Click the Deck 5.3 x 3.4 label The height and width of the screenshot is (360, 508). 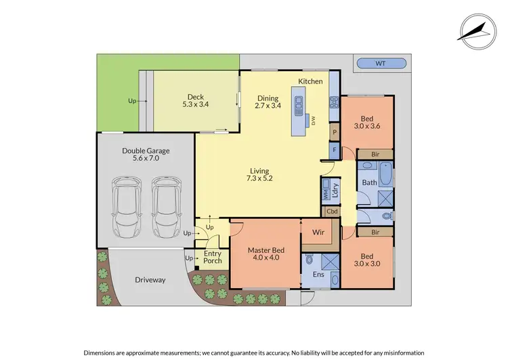(195, 101)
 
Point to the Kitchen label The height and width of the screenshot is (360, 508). (311, 81)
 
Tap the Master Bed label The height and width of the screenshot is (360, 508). (266, 254)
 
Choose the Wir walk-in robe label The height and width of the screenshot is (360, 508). (318, 233)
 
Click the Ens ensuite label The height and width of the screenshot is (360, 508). (318, 275)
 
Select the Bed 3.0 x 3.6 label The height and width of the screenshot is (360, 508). (366, 123)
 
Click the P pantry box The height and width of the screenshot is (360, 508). (334, 132)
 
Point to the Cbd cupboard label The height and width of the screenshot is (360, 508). (332, 211)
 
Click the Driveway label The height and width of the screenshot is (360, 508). (150, 279)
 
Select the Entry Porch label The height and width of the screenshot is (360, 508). (213, 257)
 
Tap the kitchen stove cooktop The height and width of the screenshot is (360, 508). (333, 104)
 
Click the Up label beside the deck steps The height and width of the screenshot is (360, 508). (132, 101)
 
